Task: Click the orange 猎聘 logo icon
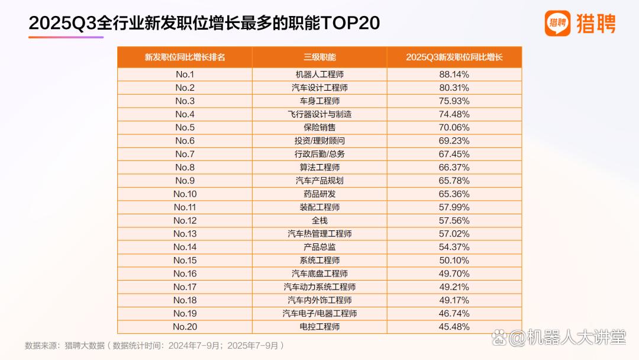557,23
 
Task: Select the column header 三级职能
319,57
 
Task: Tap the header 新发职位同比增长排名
185,57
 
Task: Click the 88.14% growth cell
454,74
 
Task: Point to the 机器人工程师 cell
319,74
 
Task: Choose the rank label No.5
185,127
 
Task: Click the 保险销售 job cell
319,127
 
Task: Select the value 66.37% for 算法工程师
454,167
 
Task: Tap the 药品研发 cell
319,194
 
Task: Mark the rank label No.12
185,221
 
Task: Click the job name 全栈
319,221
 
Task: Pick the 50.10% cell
454,260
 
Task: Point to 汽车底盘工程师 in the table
319,274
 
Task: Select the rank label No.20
185,327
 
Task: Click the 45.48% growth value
454,327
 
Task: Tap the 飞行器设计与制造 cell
319,114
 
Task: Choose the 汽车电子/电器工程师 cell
319,314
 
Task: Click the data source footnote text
154,346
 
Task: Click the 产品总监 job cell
319,247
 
